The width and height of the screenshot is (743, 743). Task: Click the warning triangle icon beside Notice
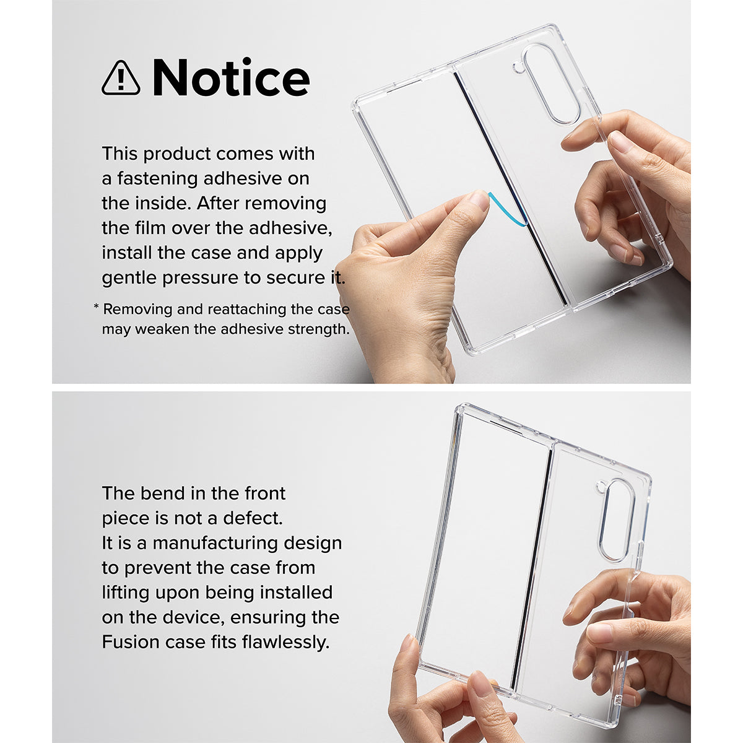pyautogui.click(x=121, y=78)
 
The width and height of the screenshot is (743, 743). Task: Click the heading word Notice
pyautogui.click(x=231, y=77)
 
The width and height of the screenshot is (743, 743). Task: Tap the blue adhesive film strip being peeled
pyautogui.click(x=508, y=210)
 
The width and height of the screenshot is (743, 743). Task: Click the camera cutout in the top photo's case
pyautogui.click(x=551, y=84)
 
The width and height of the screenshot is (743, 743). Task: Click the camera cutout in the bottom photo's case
pyautogui.click(x=617, y=521)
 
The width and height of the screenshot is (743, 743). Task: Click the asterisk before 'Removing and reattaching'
pyautogui.click(x=97, y=306)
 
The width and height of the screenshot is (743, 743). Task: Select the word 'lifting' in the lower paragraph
pyautogui.click(x=126, y=593)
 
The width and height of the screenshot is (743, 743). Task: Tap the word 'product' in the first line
pyautogui.click(x=176, y=154)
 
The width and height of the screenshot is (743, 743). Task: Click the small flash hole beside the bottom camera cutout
pyautogui.click(x=601, y=487)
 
